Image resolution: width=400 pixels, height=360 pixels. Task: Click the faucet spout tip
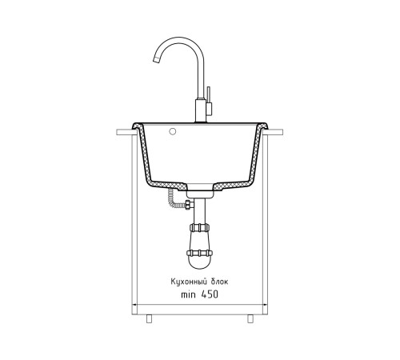click(x=156, y=60)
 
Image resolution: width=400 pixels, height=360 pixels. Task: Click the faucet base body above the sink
click(x=201, y=110)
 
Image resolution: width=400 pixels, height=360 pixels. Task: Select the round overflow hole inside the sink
click(x=173, y=131)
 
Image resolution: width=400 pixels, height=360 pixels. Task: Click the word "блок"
click(x=219, y=282)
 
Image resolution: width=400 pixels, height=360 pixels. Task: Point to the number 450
click(x=210, y=294)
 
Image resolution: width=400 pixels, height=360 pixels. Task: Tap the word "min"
click(x=188, y=294)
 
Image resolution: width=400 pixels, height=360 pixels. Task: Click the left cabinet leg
click(x=149, y=318)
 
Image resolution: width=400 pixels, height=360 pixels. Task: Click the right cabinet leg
click(x=250, y=318)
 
